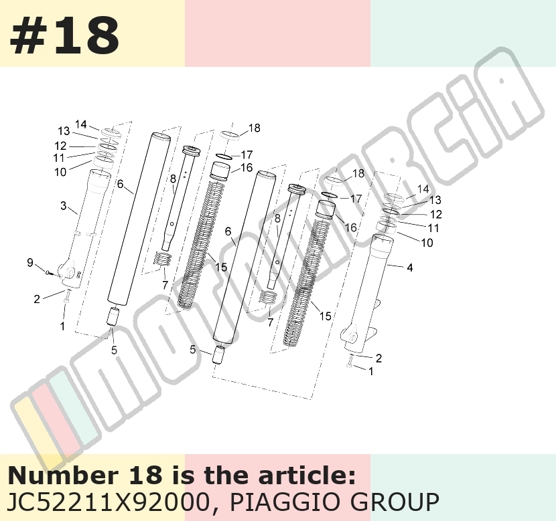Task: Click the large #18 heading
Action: point(64,36)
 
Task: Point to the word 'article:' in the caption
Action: point(307,475)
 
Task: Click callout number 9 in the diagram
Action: point(30,262)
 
